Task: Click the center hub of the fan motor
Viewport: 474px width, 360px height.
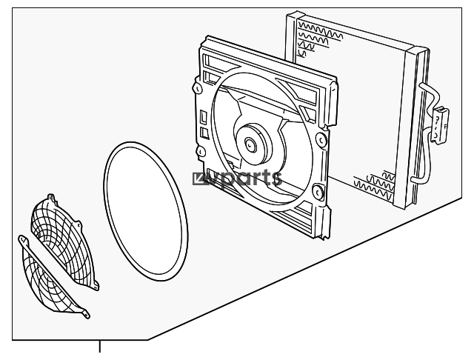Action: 250,145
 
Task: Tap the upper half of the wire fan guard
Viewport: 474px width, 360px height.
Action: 64,241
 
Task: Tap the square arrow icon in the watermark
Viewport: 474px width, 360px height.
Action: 199,179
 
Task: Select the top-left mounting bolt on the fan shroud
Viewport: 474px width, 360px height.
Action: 197,88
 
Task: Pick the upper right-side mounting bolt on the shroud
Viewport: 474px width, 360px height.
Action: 321,140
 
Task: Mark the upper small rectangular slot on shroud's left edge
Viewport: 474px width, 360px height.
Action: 204,116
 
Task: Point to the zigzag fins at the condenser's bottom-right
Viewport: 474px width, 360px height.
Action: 375,185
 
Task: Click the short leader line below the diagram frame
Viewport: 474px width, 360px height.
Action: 99,347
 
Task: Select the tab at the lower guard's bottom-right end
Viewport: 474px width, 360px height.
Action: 86,314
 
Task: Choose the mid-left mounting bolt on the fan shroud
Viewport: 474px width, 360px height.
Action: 201,151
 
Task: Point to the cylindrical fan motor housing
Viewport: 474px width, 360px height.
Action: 253,144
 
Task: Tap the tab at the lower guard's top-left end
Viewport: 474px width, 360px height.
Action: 24,240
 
